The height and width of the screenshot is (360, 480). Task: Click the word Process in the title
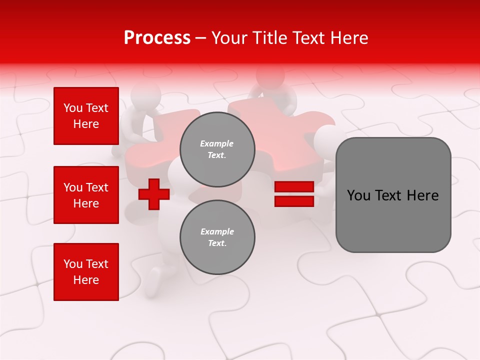click(157, 38)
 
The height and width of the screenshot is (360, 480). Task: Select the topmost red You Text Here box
click(86, 116)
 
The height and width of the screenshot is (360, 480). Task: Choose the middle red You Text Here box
click(86, 195)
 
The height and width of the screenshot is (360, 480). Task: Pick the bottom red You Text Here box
click(86, 272)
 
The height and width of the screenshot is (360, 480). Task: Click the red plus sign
click(154, 194)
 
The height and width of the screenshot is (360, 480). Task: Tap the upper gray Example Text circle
click(217, 149)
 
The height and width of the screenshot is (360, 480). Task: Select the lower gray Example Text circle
click(217, 237)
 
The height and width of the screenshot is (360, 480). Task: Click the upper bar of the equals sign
click(294, 187)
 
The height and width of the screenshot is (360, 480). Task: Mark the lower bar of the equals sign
click(294, 201)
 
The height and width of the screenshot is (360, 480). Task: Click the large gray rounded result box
click(393, 195)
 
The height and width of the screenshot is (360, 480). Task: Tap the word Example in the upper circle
click(217, 143)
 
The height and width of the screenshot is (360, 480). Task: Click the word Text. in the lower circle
click(217, 243)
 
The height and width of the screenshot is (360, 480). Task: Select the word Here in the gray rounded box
click(423, 195)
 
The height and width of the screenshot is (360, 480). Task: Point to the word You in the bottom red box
click(72, 264)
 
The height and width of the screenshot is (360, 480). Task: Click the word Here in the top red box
click(86, 124)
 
